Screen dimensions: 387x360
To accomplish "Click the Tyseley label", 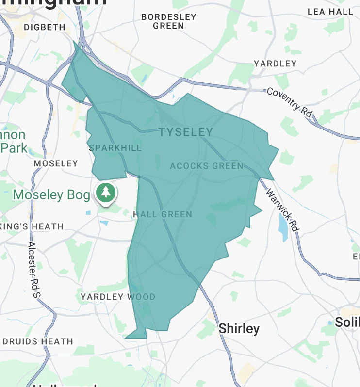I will (186, 132).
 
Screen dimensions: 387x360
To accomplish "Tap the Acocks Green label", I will (207, 166).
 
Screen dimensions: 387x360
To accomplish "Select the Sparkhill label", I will (115, 148).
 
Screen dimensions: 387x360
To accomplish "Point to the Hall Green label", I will (163, 214).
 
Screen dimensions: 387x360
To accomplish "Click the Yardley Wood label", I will (118, 297).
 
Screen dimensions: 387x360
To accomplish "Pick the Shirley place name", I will (239, 328).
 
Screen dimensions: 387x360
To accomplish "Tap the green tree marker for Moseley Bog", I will (105, 193).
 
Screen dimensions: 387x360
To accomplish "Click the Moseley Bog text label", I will (51, 195).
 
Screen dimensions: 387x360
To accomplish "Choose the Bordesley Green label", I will (168, 21).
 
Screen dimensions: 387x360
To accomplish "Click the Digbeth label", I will (44, 27).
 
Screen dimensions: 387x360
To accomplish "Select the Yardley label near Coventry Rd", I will (275, 64).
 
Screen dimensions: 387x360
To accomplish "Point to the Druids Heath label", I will (38, 341).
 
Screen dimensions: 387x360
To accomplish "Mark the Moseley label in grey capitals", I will (56, 163).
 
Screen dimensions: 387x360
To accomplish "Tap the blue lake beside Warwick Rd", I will (283, 225).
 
